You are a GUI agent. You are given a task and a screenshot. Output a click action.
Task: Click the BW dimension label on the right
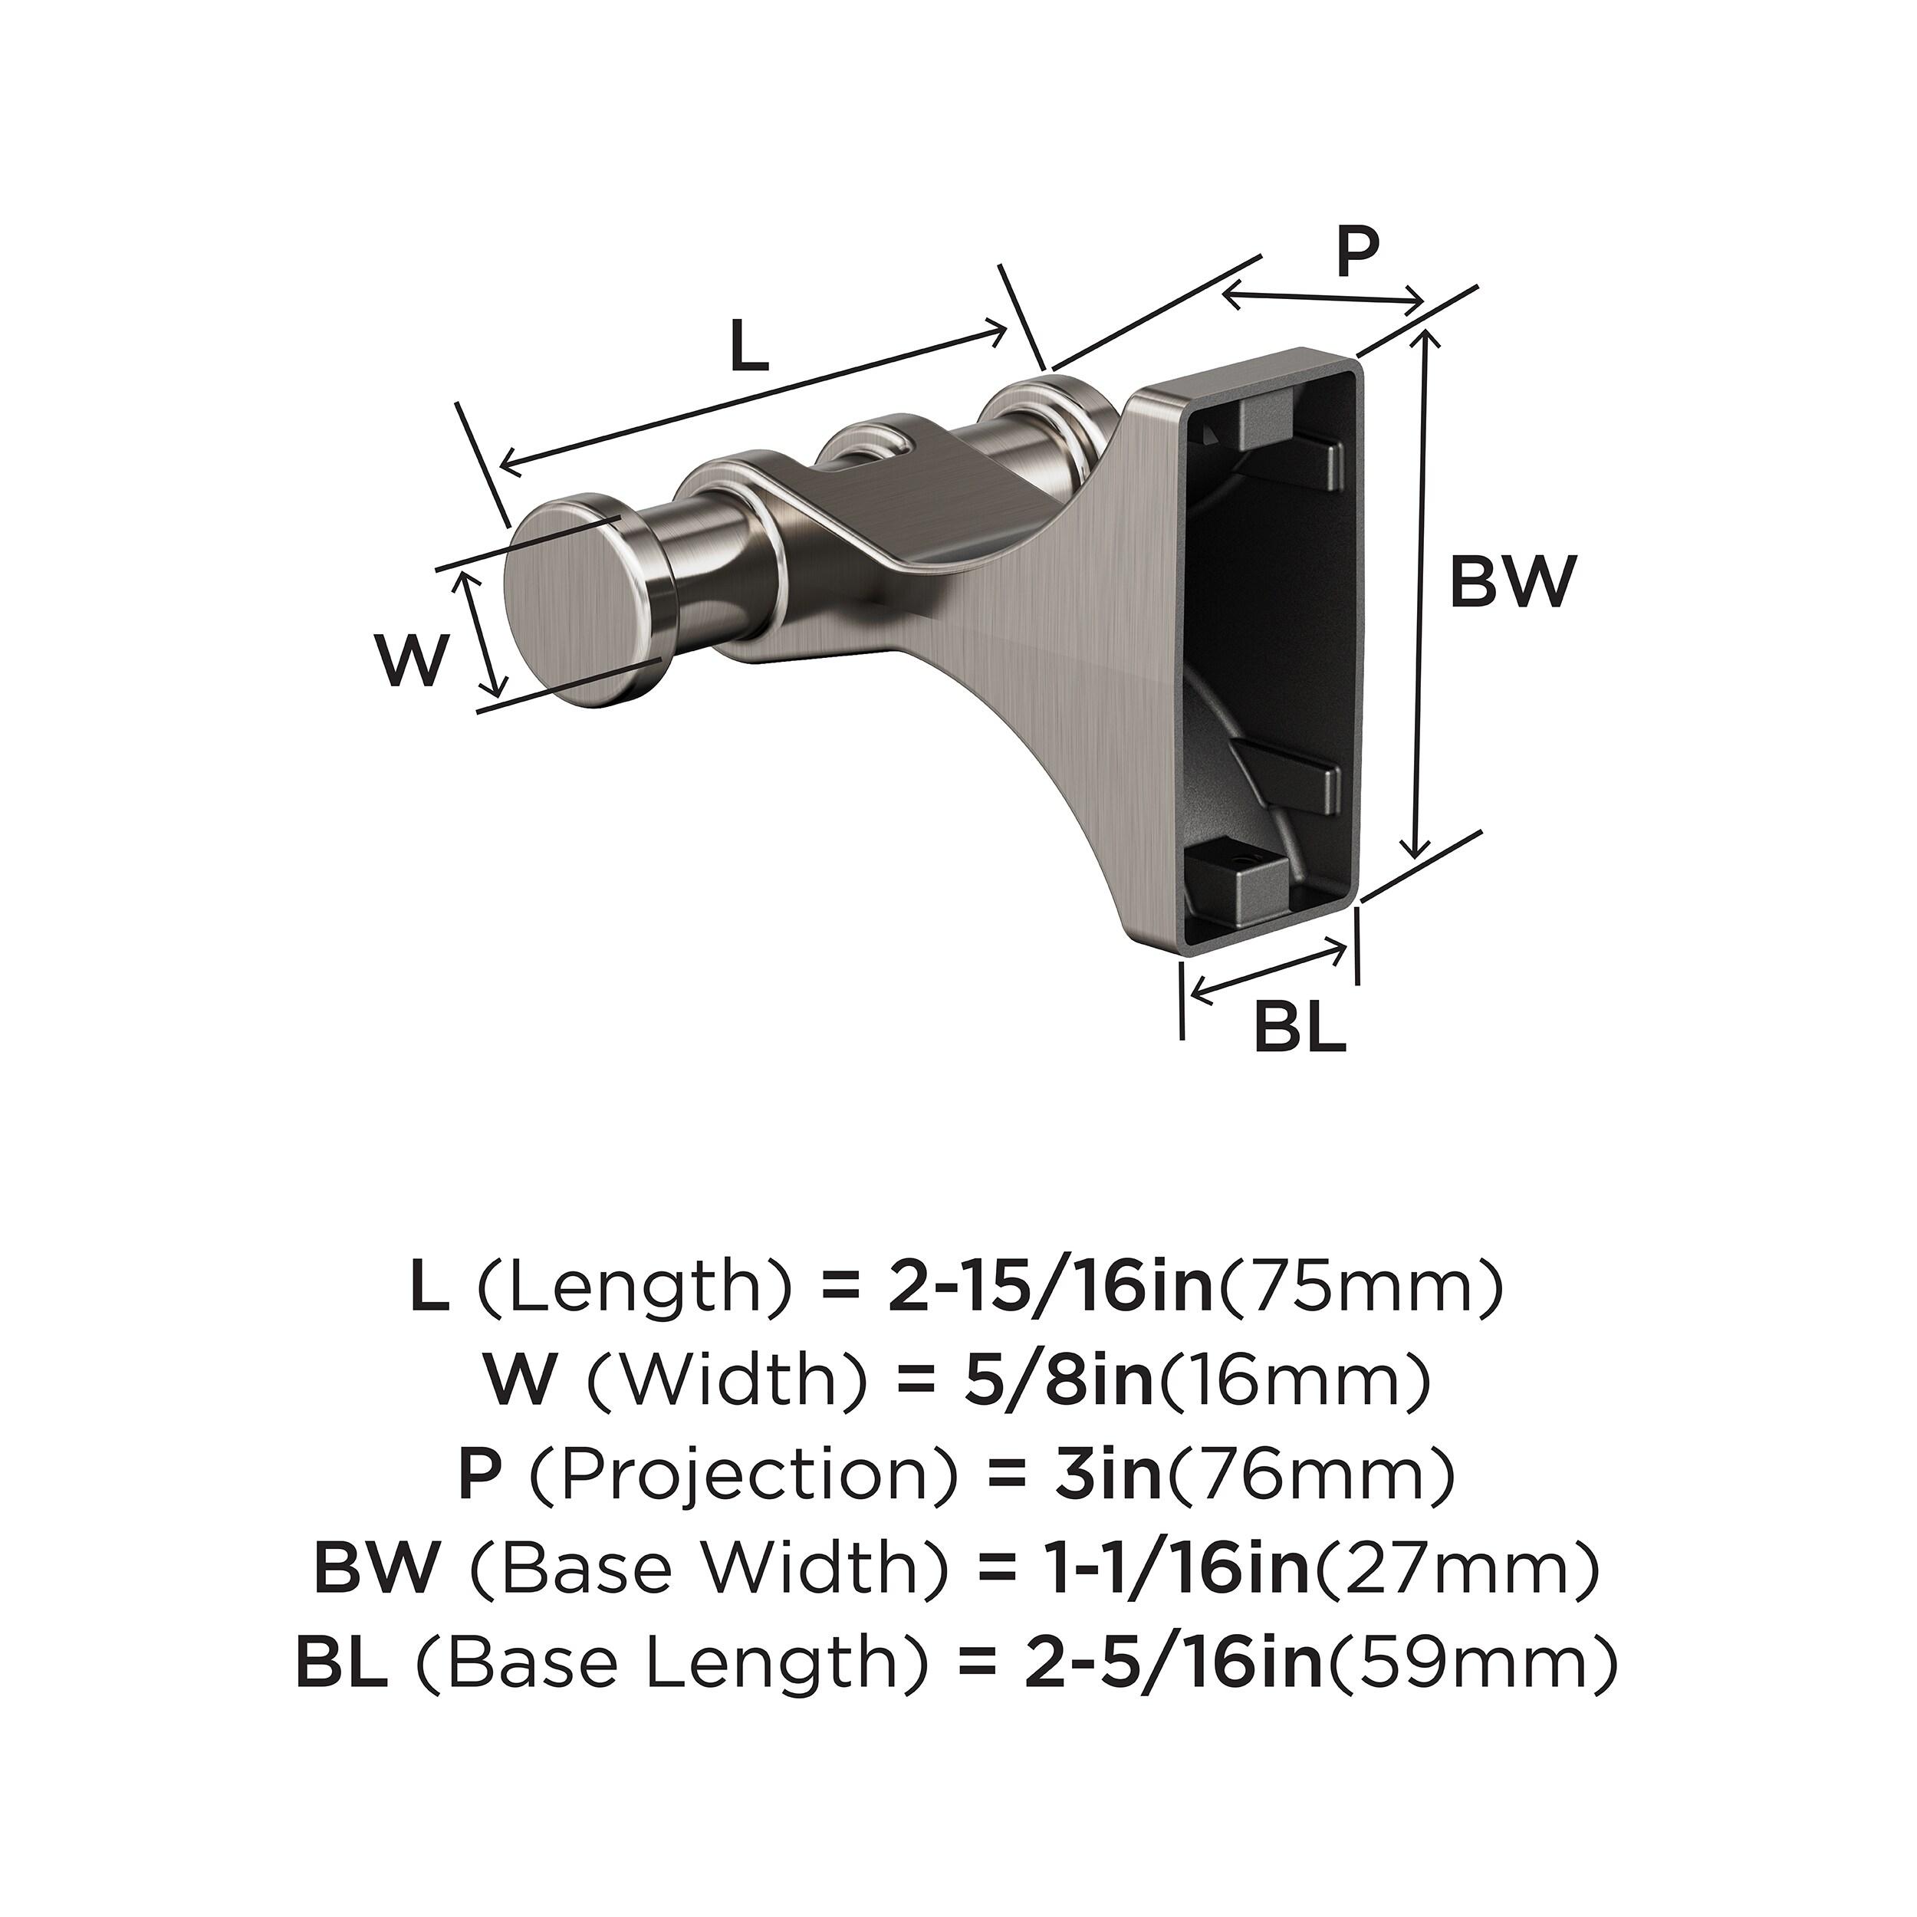click(x=1512, y=583)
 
